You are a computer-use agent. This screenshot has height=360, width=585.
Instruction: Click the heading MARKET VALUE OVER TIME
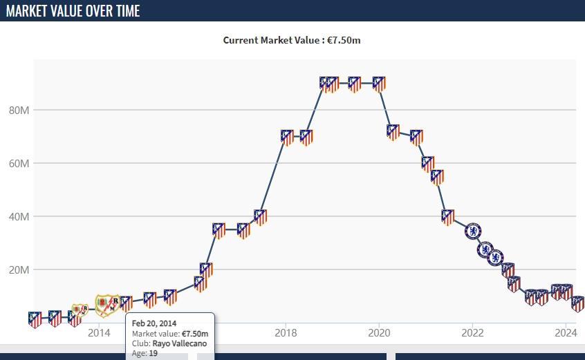point(73,11)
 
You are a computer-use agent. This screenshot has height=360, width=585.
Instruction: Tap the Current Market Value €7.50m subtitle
point(292,40)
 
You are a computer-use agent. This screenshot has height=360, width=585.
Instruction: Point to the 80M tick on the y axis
point(18,110)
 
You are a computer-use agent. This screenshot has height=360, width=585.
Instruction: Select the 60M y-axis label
point(18,163)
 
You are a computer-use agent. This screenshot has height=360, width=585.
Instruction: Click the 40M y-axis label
point(18,216)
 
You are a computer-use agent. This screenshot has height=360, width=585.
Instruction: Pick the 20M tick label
point(18,269)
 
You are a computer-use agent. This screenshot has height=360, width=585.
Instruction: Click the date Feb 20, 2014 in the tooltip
point(154,323)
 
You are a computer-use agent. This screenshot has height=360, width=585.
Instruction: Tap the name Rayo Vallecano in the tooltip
point(179,343)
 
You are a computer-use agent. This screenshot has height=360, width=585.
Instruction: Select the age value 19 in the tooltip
point(154,353)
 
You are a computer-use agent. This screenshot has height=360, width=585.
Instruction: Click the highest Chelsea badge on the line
point(473,231)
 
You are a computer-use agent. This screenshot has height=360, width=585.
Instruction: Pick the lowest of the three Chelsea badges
point(495,258)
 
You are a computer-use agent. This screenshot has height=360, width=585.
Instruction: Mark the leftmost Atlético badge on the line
point(35,319)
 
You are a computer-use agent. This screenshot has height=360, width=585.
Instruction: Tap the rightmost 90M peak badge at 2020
point(378,84)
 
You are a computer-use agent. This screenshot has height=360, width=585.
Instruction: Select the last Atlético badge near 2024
point(578,304)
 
